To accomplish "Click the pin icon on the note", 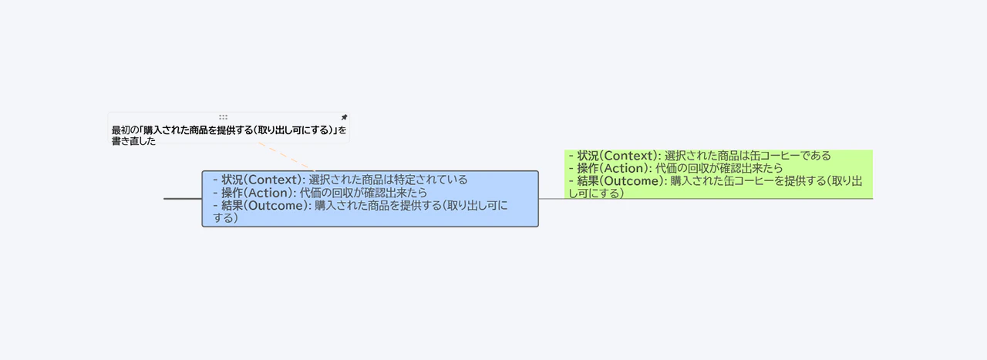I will pyautogui.click(x=344, y=117).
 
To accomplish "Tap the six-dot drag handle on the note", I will pyautogui.click(x=223, y=117).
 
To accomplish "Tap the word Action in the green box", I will pyautogui.click(x=625, y=168).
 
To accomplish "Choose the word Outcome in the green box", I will pyautogui.click(x=635, y=181).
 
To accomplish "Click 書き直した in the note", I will pyautogui.click(x=133, y=141).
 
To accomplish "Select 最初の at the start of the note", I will pyautogui.click(x=124, y=130).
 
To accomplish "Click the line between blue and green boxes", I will pyautogui.click(x=551, y=199).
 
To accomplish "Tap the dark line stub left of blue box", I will pyautogui.click(x=182, y=199).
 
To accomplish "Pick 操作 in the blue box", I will pyautogui.click(x=232, y=193).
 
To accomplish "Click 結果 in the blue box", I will pyautogui.click(x=232, y=206).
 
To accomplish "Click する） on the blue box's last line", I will pyautogui.click(x=225, y=218).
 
